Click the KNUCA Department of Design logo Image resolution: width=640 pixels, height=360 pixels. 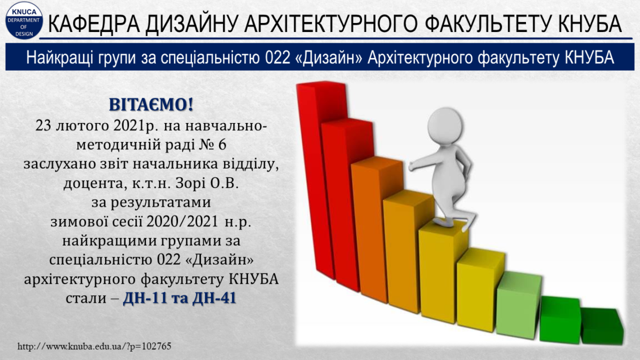point(24,20)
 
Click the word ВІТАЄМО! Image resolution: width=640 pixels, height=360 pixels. point(151,105)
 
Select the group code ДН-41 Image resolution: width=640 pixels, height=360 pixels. point(214,298)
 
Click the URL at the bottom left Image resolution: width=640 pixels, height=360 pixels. point(94,347)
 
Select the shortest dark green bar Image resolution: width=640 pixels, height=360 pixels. point(602,326)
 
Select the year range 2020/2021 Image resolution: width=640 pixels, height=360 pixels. point(182,222)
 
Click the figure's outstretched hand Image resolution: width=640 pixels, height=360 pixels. point(413,165)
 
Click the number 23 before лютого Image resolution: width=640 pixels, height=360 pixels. point(44,126)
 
